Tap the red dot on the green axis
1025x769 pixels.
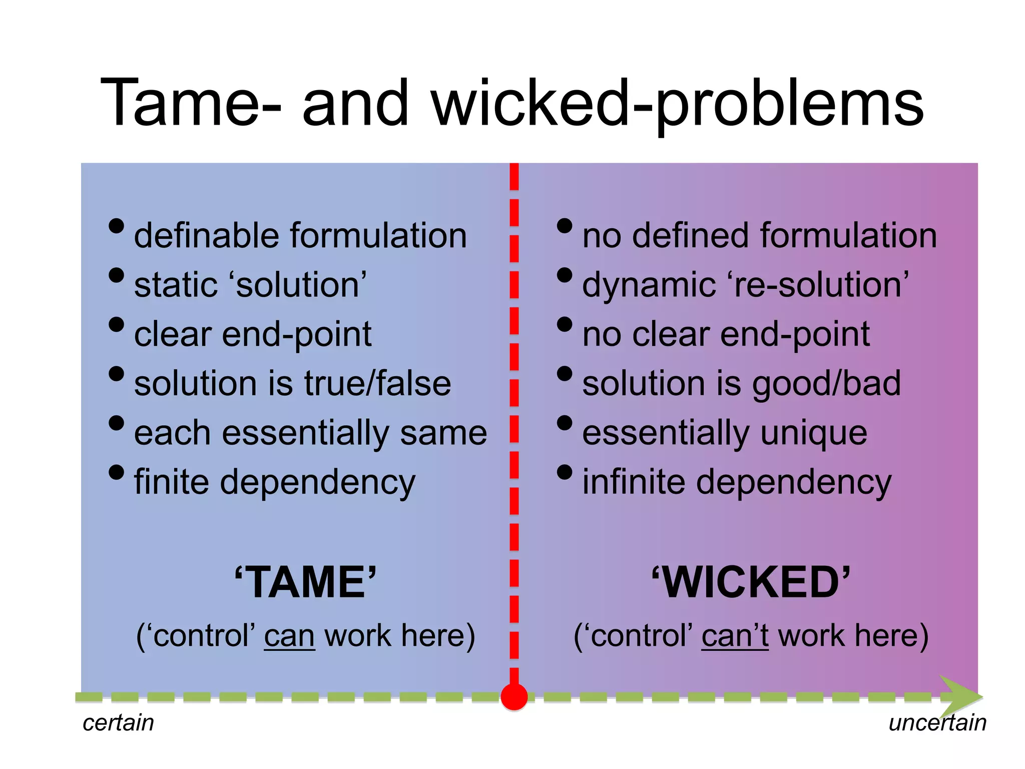pyautogui.click(x=514, y=696)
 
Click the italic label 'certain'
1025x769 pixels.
pyautogui.click(x=118, y=723)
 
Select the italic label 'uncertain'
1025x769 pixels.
pyautogui.click(x=937, y=723)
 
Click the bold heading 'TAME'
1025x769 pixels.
pyautogui.click(x=305, y=582)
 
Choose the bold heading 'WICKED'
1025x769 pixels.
pyautogui.click(x=751, y=582)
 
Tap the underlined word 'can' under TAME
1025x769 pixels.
pyautogui.click(x=289, y=636)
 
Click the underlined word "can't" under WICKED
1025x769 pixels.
pyautogui.click(x=735, y=636)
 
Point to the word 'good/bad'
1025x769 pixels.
pyautogui.click(x=826, y=383)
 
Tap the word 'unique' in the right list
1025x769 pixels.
pyautogui.click(x=814, y=433)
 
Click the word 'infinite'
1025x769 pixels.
pyautogui.click(x=634, y=482)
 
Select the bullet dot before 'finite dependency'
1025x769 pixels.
pyautogui.click(x=116, y=472)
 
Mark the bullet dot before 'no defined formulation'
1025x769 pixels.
pyautogui.click(x=565, y=226)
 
